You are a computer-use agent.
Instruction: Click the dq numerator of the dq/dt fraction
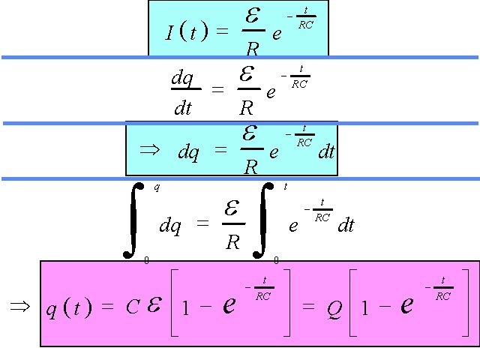182,77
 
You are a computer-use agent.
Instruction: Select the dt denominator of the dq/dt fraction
182,108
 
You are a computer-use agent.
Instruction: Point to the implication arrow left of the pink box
18,305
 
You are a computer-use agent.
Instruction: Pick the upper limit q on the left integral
156,187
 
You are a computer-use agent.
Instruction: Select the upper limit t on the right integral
285,187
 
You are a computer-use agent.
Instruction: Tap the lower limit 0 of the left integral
146,259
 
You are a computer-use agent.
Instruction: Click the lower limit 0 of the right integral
276,259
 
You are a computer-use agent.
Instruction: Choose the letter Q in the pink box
334,309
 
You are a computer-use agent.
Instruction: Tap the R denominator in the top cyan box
253,49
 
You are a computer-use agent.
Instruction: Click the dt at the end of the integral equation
345,225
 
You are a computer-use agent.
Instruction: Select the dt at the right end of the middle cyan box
325,151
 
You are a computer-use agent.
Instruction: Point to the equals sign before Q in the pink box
307,307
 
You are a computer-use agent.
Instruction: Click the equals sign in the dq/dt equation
217,90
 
